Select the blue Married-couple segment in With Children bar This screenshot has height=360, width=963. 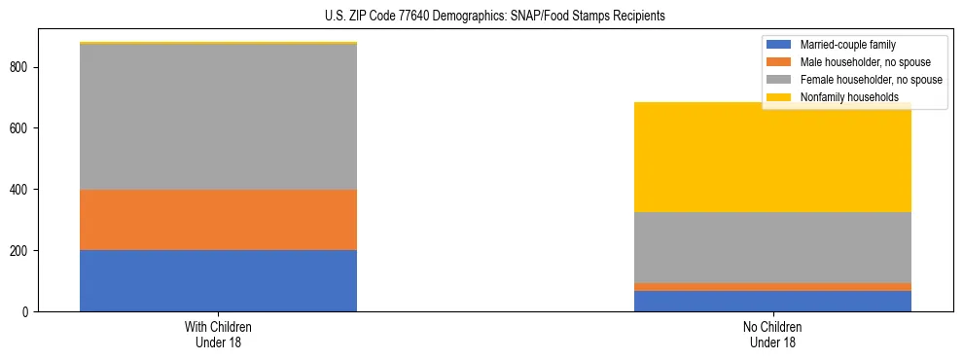coord(218,280)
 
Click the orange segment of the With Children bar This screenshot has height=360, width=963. coord(218,220)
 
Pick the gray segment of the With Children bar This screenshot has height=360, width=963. coord(218,117)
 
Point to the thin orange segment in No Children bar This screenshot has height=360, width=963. coord(772,287)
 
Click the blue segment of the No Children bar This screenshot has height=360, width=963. coord(772,301)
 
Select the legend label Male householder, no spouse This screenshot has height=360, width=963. coord(857,62)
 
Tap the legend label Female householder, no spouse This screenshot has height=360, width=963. coord(871,80)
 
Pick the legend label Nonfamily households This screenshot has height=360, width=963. coord(842,97)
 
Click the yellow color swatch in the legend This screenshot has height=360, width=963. coord(780,97)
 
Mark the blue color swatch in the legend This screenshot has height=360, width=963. coord(780,45)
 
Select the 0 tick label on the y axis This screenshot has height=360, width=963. coord(29,312)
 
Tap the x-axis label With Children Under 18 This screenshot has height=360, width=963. coord(218,334)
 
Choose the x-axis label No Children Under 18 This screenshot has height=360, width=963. coord(772,334)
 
